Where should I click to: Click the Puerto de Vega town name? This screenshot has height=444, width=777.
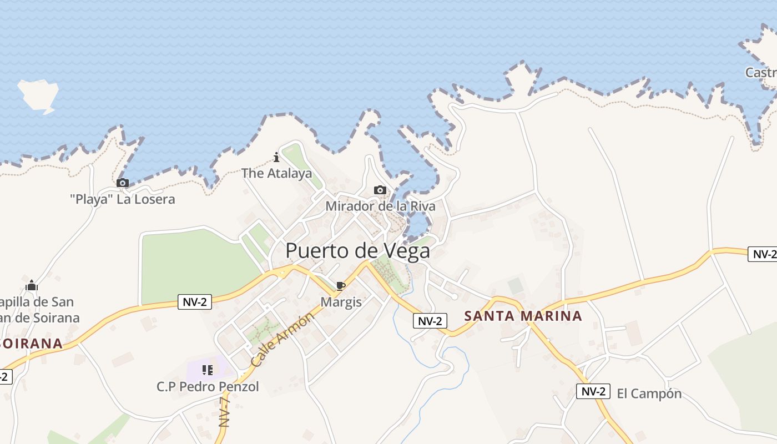(357, 251)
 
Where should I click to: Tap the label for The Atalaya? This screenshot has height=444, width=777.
(276, 173)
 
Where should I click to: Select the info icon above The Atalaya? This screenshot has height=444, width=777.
(276, 158)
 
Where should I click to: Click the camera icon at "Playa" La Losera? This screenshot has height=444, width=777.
(123, 183)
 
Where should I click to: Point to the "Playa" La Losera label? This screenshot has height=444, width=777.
(123, 199)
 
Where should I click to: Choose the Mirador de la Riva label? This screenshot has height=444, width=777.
(380, 206)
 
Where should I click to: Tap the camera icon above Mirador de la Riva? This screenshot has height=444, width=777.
(380, 190)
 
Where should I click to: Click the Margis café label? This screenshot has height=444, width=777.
(341, 302)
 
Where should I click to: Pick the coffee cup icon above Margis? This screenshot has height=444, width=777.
(341, 286)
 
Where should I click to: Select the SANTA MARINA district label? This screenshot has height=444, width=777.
(523, 316)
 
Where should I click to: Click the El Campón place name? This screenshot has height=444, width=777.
(649, 393)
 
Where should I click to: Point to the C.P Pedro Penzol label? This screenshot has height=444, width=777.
(208, 386)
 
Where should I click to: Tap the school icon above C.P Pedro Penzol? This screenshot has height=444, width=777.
(208, 370)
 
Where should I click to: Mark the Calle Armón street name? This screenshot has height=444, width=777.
(282, 339)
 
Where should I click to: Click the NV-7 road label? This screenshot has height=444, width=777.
(224, 411)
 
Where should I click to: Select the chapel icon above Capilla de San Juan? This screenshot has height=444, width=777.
(32, 285)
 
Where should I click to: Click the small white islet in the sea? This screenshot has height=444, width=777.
(38, 95)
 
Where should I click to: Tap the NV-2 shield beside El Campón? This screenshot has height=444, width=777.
(593, 391)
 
